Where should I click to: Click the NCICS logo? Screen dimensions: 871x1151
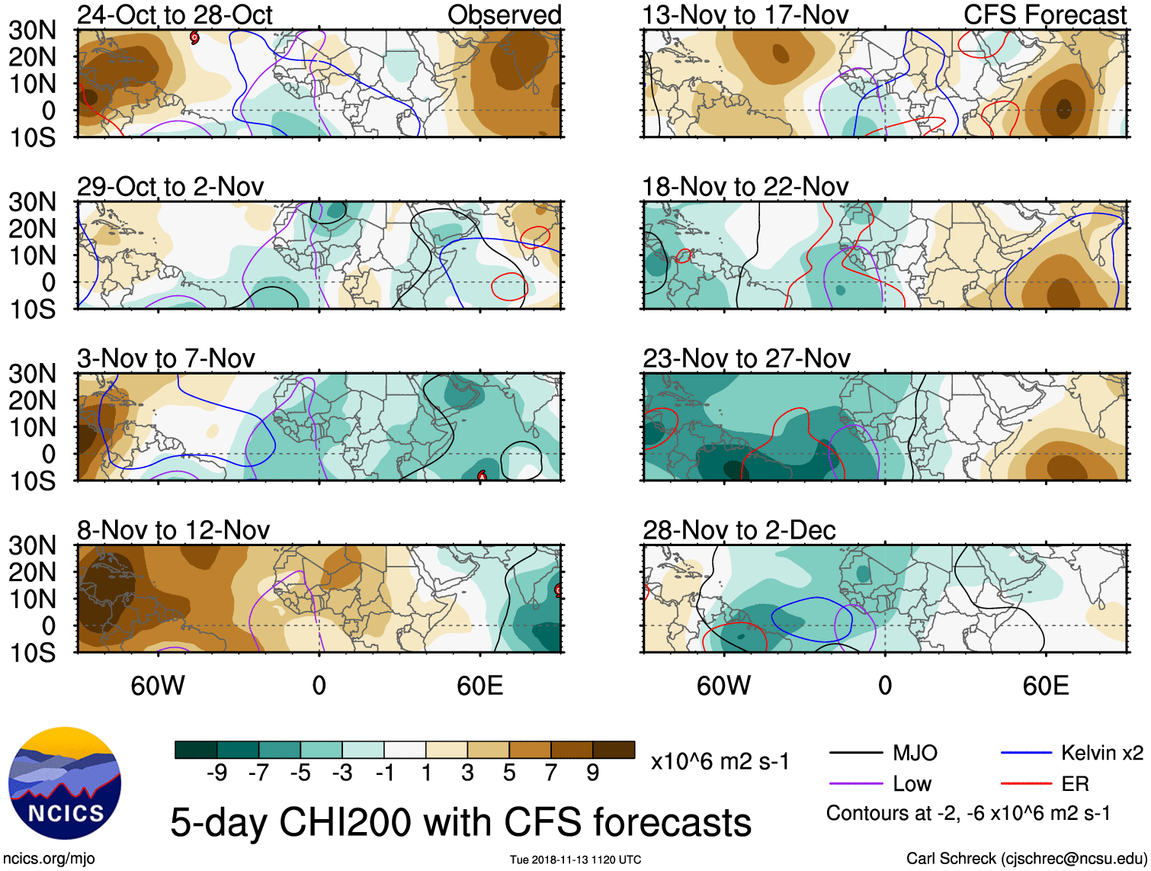click(x=65, y=783)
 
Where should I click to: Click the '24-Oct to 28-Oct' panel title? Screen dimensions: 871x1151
click(x=175, y=15)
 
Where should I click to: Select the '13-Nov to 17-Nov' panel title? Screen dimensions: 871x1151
click(x=745, y=15)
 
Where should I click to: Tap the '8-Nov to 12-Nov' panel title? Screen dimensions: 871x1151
click(x=173, y=530)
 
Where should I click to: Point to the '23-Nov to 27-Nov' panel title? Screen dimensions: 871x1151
click(x=745, y=358)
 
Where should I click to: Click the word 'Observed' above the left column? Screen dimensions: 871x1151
click(x=504, y=15)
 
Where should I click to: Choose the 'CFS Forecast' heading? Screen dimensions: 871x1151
click(x=1044, y=15)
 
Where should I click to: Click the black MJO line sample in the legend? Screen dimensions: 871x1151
click(x=855, y=754)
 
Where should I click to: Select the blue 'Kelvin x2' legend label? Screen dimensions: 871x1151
click(x=1101, y=754)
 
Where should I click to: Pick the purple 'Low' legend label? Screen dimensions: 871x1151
click(x=912, y=784)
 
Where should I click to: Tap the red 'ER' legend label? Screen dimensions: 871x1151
click(x=1075, y=784)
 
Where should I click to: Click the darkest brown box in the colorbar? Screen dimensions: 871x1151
click(x=614, y=750)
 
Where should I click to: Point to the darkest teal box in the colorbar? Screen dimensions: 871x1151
click(x=196, y=750)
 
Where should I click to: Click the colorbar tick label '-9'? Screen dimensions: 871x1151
click(x=216, y=773)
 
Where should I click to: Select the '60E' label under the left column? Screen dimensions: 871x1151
click(x=479, y=686)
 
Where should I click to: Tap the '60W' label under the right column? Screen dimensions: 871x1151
click(x=723, y=686)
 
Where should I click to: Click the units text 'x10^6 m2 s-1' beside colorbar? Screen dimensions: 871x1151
click(x=720, y=761)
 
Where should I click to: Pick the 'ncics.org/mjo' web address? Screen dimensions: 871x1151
click(x=49, y=859)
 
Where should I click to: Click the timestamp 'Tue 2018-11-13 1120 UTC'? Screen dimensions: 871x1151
click(x=575, y=860)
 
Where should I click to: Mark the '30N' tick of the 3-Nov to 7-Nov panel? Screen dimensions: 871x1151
click(x=32, y=374)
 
